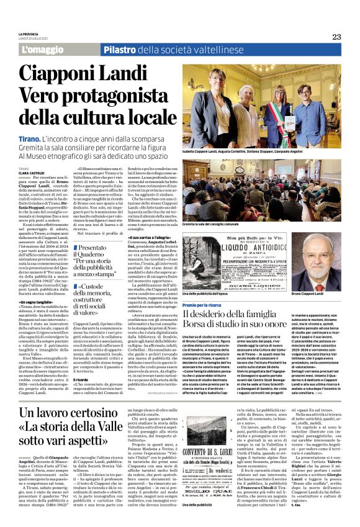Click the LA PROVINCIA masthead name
point(29,34)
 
